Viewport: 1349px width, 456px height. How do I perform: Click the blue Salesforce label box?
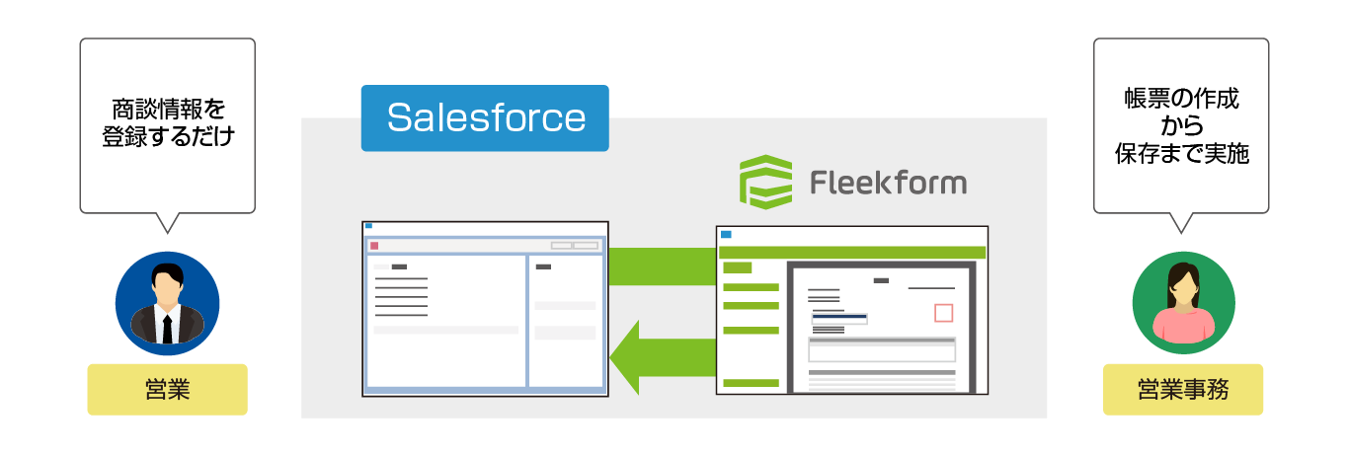pyautogui.click(x=485, y=118)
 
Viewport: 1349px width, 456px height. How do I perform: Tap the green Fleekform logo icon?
pyautogui.click(x=765, y=183)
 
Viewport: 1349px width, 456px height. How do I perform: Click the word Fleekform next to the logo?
pyautogui.click(x=888, y=183)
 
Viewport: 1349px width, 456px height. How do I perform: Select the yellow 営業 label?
pyautogui.click(x=167, y=390)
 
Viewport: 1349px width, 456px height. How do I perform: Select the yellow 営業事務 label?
pyautogui.click(x=1182, y=390)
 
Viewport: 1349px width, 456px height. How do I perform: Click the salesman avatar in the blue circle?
pyautogui.click(x=167, y=303)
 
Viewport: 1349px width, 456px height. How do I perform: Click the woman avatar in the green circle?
pyautogui.click(x=1182, y=303)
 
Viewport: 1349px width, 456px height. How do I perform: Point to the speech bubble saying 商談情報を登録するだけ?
pyautogui.click(x=167, y=123)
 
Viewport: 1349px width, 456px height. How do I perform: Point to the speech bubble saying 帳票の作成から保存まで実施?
pyautogui.click(x=1181, y=123)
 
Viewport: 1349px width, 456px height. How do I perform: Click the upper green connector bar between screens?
pyautogui.click(x=661, y=266)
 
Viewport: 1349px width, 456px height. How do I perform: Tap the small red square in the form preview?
pyautogui.click(x=943, y=313)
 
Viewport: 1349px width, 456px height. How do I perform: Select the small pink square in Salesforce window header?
pyautogui.click(x=373, y=245)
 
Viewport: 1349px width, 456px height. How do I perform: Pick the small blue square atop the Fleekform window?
pyautogui.click(x=726, y=234)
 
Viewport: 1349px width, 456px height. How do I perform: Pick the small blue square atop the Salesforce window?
pyautogui.click(x=368, y=226)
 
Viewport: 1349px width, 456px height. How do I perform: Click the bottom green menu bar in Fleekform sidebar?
pyautogui.click(x=751, y=382)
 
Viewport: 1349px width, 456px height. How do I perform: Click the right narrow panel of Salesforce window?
pyautogui.click(x=566, y=321)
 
